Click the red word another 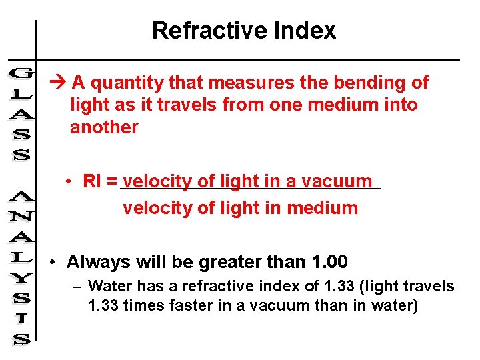coord(104,127)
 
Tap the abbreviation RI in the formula coord(91,181)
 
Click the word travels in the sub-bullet coord(431,287)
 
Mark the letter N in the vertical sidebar coord(21,217)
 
